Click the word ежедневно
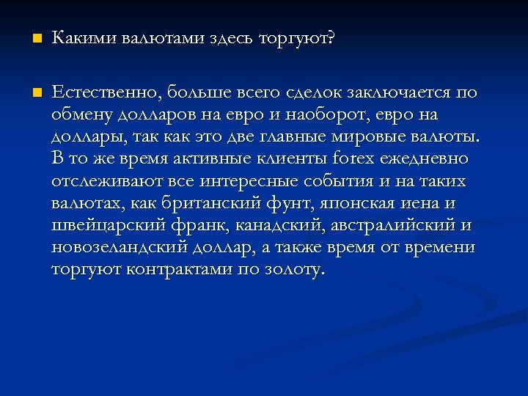(x=428, y=158)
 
